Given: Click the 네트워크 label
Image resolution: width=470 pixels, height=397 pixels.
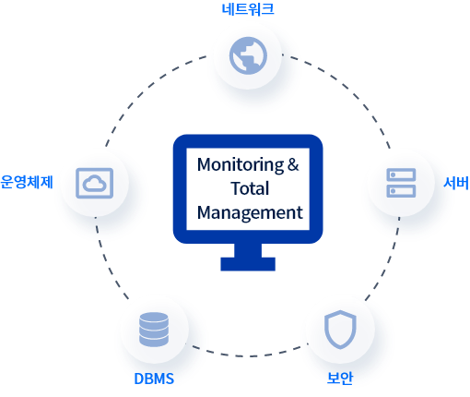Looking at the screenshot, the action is tap(248, 9).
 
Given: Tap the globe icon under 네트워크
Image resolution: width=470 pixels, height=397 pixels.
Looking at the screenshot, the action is tap(248, 55).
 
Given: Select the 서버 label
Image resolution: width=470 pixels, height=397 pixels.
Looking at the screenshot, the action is tap(456, 183).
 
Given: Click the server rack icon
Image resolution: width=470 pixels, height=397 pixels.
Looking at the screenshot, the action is tap(401, 183).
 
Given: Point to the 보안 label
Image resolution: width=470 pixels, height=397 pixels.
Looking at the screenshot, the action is tap(340, 378).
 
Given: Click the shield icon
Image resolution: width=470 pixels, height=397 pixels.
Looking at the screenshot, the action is tap(340, 330).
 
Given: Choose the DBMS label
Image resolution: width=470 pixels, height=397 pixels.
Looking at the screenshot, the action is tap(154, 379).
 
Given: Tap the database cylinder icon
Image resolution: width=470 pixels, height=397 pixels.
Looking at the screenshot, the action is tap(154, 330).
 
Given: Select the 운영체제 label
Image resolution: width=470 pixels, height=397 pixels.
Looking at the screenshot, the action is tap(27, 182).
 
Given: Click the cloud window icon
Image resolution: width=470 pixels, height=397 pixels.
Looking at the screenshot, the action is tap(95, 183).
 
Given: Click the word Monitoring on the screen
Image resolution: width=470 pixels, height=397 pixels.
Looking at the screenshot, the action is tap(241, 165).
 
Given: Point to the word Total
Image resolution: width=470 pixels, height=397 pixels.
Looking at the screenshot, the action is tap(250, 188).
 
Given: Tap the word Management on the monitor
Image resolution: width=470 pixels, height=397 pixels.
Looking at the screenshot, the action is tap(250, 213).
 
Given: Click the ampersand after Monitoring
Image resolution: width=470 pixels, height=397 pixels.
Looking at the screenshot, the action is tap(293, 164).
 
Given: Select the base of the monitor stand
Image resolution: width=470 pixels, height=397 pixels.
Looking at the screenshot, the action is tap(248, 264).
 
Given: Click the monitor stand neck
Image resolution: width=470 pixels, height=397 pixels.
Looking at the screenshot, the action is tap(248, 250).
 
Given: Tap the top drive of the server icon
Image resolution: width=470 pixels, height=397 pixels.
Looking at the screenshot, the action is tap(401, 174).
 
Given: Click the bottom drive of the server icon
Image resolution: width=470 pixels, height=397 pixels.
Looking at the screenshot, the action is tap(401, 191).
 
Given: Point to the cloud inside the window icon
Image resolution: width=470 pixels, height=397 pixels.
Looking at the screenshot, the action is tap(95, 184).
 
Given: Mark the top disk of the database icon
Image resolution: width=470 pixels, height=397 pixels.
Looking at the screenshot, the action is tap(154, 318).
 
